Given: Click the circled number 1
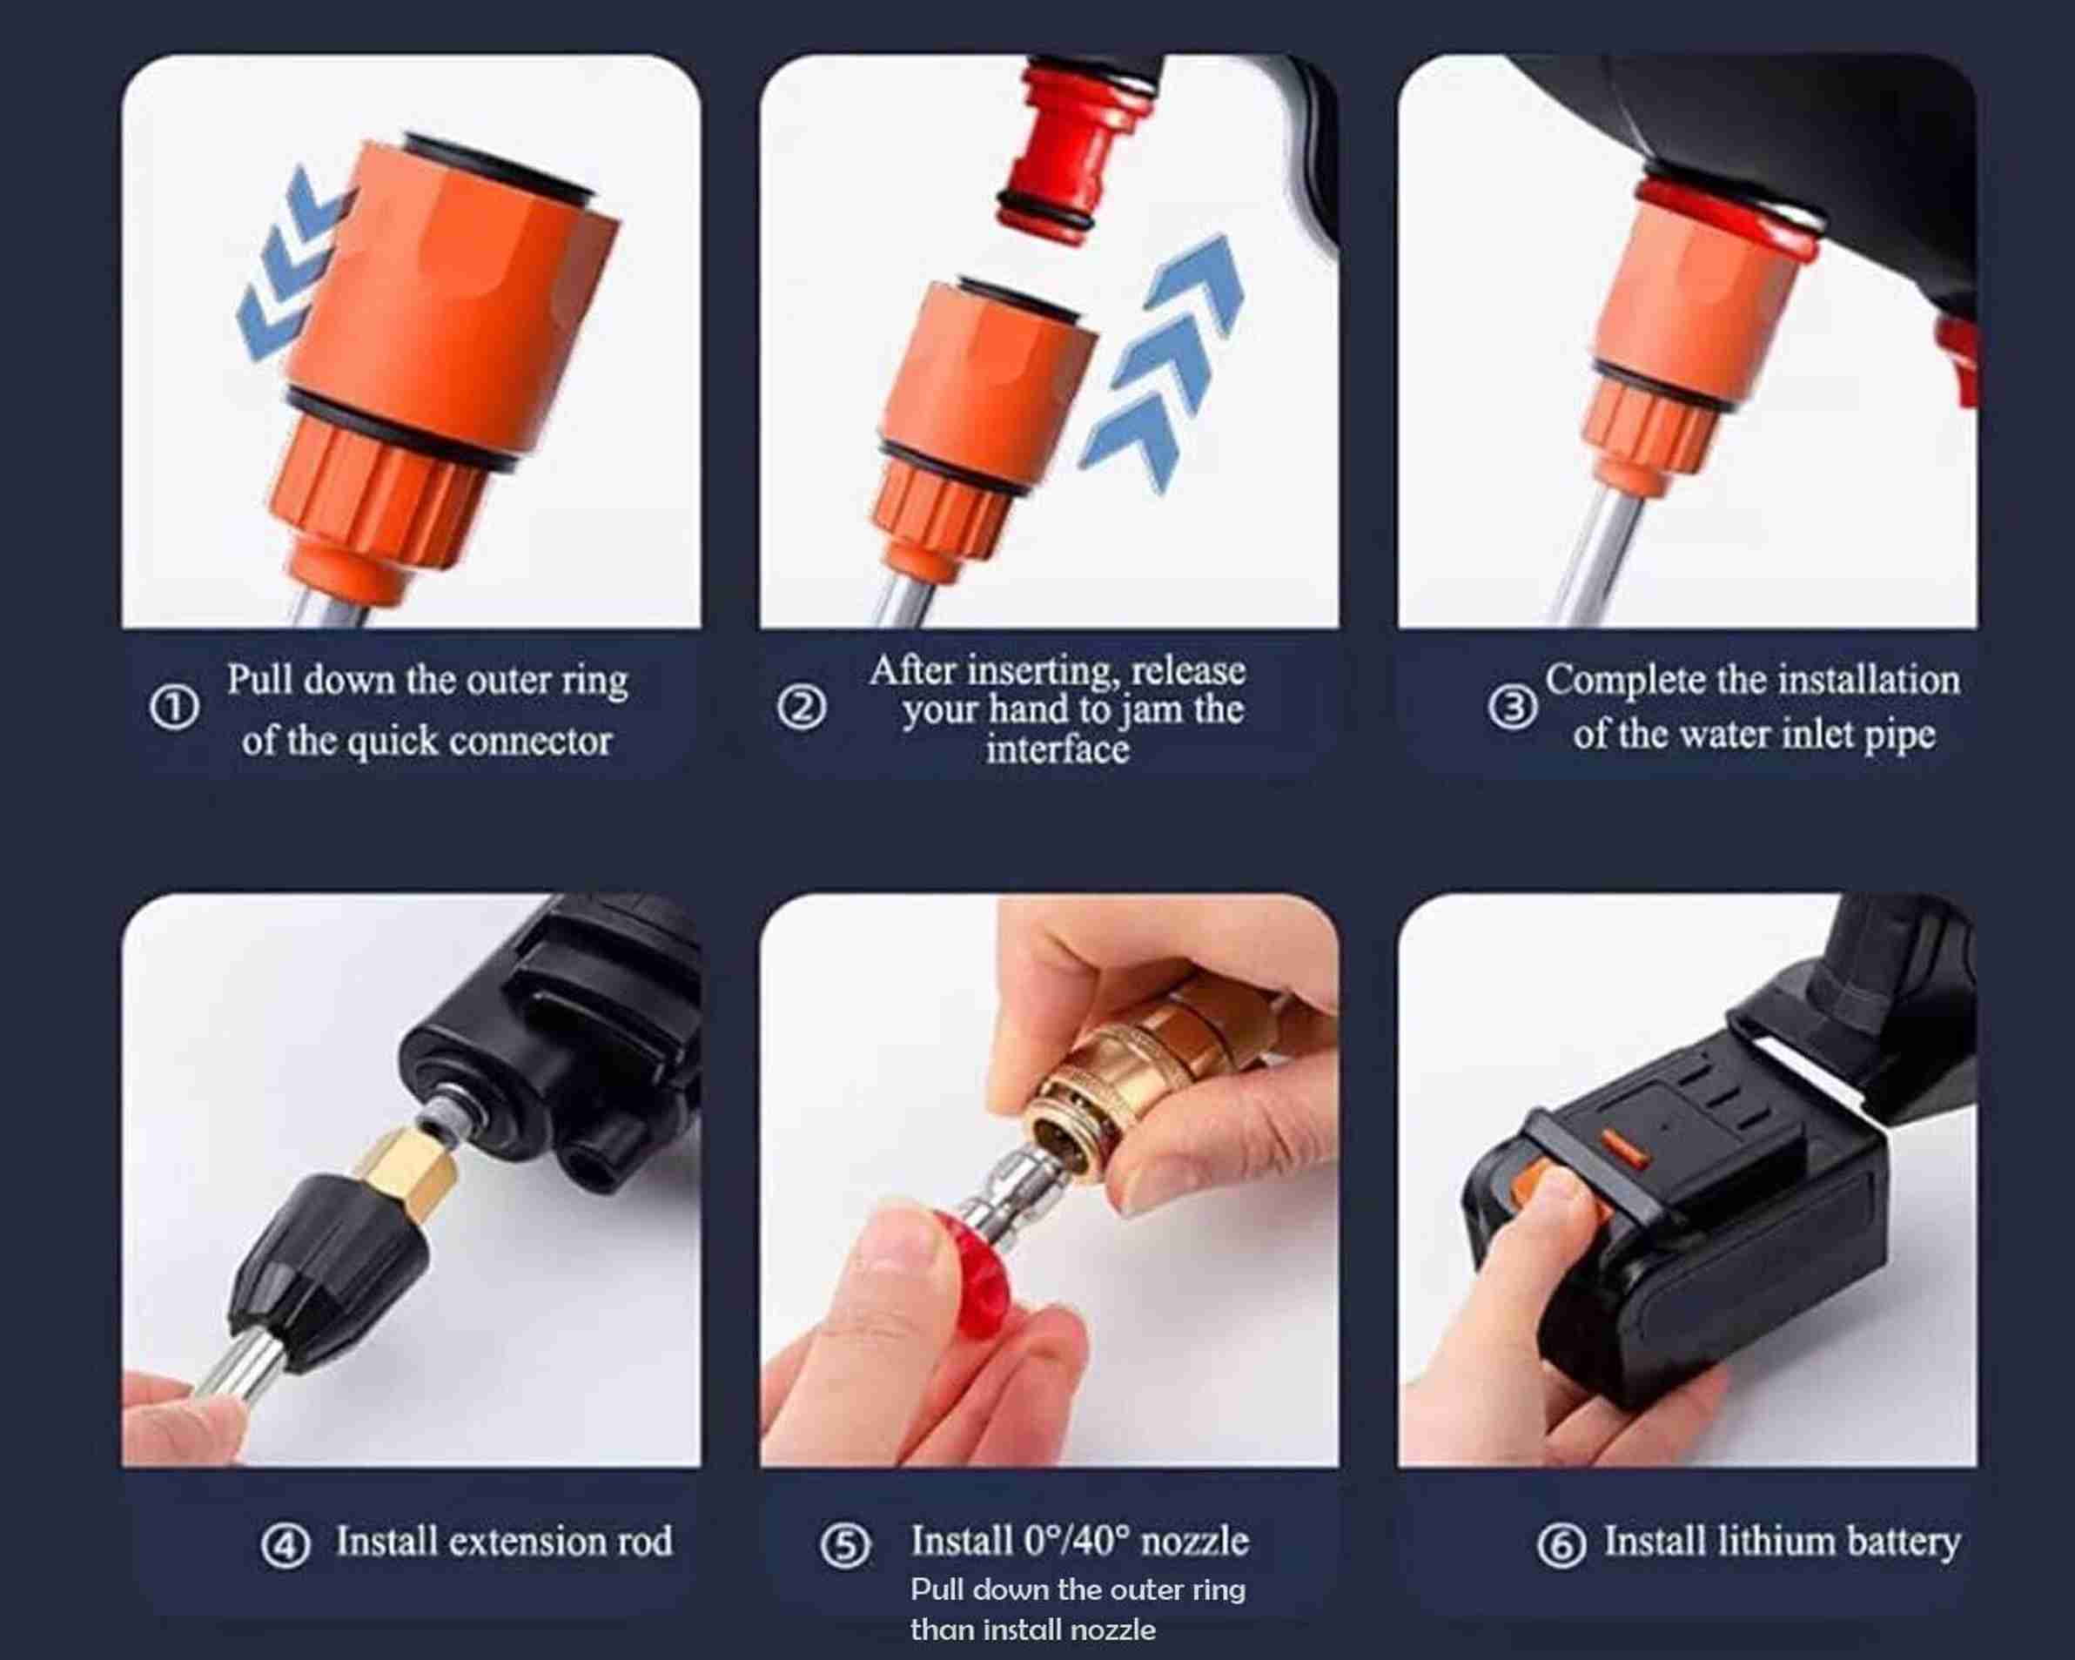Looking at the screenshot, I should click(x=174, y=708).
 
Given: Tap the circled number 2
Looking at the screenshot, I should click(x=802, y=709).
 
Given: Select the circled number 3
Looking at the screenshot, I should click(x=1512, y=709).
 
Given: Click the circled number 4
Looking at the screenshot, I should click(x=285, y=1547).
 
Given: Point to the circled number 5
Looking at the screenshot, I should click(x=845, y=1547).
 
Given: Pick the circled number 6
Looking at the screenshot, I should click(x=1561, y=1547).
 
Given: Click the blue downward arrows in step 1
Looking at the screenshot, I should click(x=289, y=265).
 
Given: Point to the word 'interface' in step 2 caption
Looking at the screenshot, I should click(x=1057, y=749).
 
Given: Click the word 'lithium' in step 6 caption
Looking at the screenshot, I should click(x=1763, y=1542).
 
